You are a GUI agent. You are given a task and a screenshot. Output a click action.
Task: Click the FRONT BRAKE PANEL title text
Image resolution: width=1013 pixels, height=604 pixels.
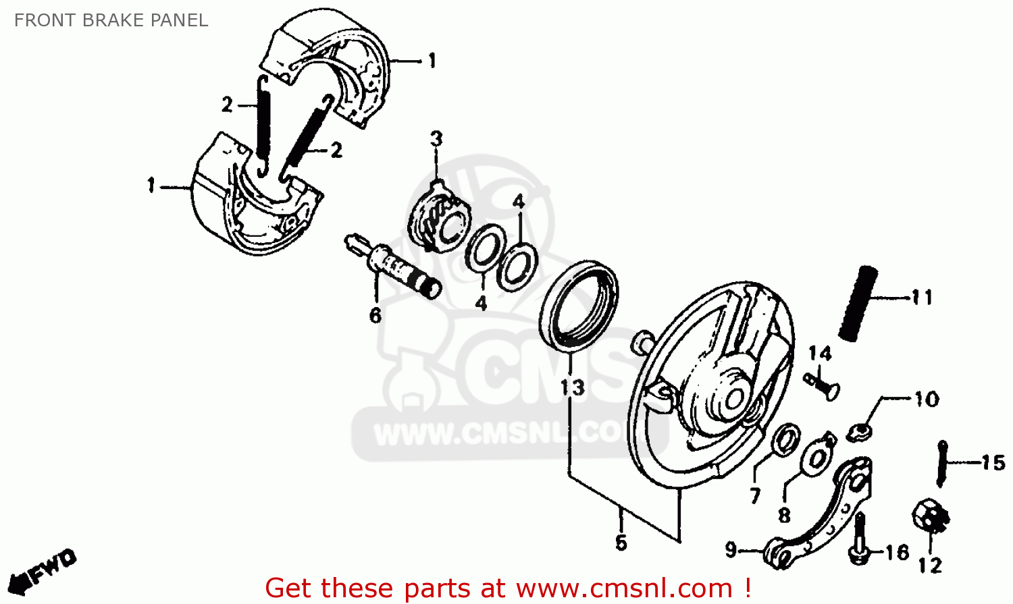tap(111, 20)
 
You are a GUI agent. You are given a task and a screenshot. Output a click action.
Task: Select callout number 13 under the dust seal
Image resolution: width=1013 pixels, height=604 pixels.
tap(572, 387)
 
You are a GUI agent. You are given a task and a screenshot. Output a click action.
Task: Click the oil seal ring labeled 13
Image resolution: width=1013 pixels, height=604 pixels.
tap(579, 304)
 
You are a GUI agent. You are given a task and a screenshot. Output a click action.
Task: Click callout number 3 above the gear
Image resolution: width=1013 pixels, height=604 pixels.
tap(437, 139)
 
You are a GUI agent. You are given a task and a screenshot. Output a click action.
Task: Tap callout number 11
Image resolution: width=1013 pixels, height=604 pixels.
tap(922, 297)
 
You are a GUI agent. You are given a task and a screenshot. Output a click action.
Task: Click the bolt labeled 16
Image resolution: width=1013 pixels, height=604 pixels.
tap(859, 539)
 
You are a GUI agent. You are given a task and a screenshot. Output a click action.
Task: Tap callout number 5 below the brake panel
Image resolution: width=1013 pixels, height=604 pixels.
tap(621, 542)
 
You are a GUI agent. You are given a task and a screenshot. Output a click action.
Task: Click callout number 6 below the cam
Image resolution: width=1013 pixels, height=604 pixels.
tap(375, 314)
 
